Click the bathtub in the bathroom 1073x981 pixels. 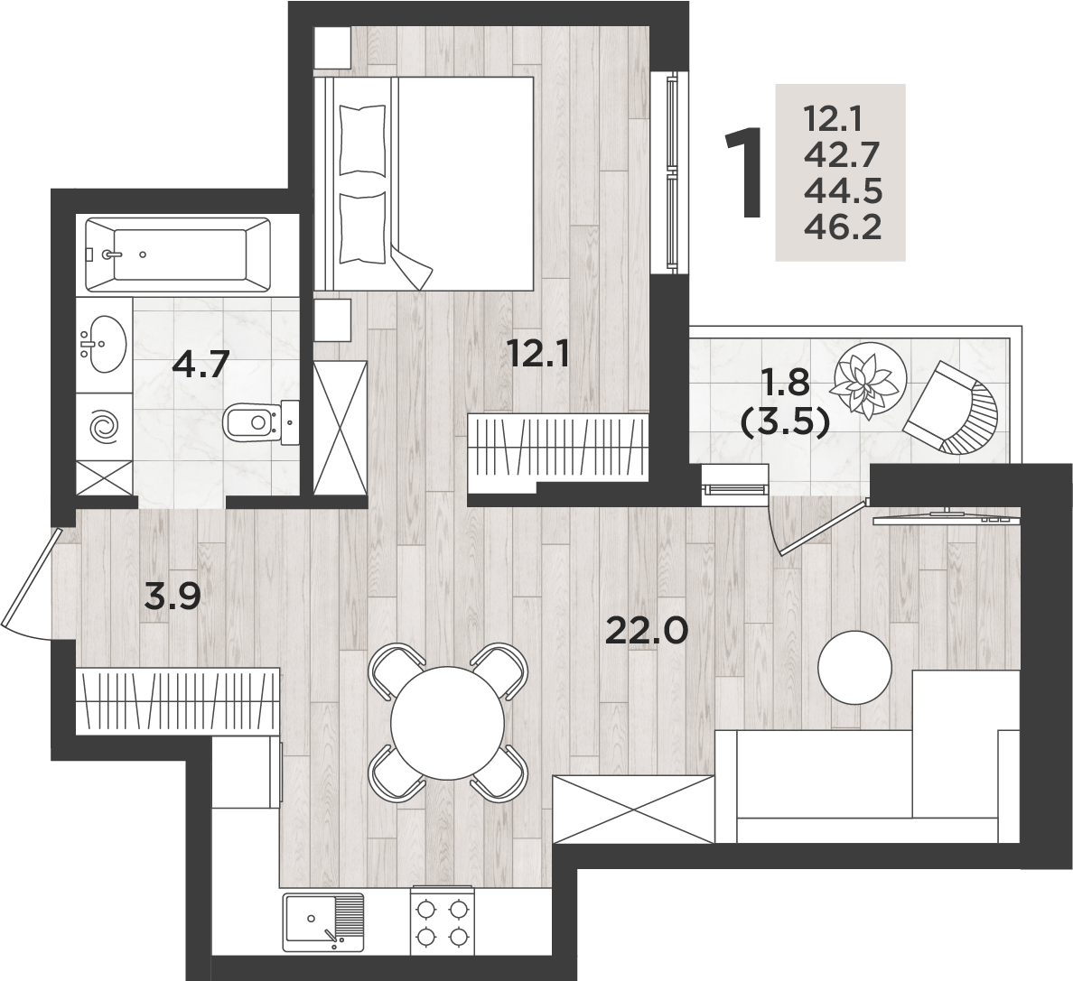177,255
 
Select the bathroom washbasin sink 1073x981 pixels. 103,345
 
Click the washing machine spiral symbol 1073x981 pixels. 105,427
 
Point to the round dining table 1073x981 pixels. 448,723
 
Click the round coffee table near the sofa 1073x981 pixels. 855,665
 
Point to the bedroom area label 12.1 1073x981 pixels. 538,355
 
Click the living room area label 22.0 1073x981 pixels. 647,630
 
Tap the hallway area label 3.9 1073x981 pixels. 173,597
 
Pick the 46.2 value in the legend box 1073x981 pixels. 843,227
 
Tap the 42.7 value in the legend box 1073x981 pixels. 842,156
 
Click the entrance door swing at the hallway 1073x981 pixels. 31,583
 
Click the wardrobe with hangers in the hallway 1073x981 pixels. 178,700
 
